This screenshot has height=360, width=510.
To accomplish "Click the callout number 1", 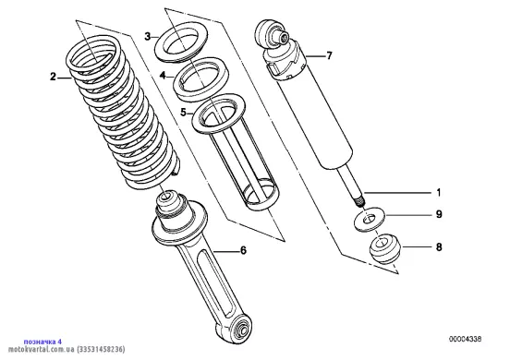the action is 439,193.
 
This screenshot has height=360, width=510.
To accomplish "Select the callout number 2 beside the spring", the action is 53,78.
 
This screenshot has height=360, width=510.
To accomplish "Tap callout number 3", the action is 148,36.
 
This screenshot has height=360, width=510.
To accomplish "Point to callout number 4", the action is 163,76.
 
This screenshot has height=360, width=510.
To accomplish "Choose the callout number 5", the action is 184,113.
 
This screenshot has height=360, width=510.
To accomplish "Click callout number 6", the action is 243,250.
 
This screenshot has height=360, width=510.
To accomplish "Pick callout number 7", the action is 330,56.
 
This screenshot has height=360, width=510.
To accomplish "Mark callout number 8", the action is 439,247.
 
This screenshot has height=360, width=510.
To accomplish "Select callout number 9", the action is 439,214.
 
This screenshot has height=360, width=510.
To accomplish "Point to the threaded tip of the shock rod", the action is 359,202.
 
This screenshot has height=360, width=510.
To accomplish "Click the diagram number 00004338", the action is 465,339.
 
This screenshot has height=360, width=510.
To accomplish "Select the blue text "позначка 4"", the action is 42,342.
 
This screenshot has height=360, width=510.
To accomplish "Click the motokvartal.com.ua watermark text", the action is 67,350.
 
